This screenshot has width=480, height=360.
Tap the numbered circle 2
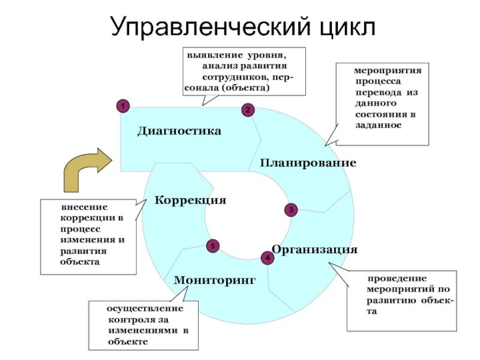pos(248,110)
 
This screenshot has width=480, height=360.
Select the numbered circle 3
pos(290,210)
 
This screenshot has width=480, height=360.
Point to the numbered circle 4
pos(267,257)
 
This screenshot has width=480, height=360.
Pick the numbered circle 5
pos(212,246)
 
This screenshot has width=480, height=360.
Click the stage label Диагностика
pos(179,131)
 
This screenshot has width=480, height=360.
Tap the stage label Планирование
pos(308,163)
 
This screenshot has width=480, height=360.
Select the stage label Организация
pos(314,249)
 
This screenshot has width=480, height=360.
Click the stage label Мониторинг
pos(215,280)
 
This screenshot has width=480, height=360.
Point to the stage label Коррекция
pos(190,200)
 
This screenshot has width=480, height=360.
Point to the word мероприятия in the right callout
pos(387,71)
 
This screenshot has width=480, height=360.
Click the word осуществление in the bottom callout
pos(145,308)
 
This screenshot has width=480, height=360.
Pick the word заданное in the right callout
pos(377,125)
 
